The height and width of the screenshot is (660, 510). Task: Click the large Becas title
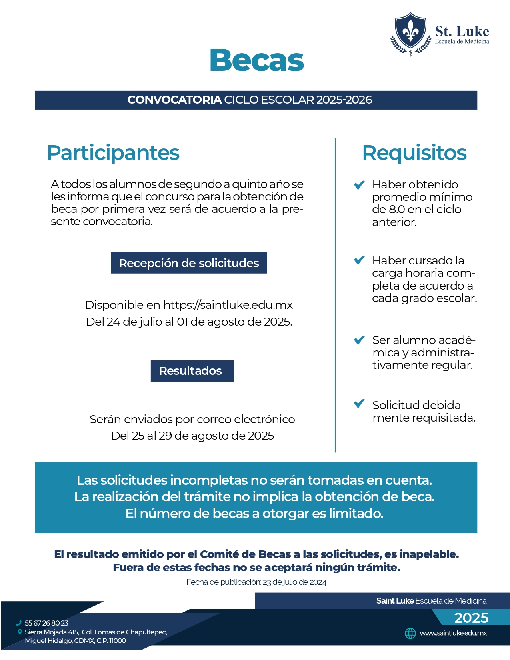click(x=257, y=60)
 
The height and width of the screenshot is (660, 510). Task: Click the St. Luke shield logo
click(x=410, y=33)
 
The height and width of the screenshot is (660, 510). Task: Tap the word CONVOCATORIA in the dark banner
click(x=174, y=100)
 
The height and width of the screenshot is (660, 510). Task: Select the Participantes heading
click(x=113, y=153)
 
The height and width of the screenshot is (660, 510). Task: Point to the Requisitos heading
click(x=414, y=153)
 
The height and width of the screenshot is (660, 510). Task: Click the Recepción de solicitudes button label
click(x=189, y=263)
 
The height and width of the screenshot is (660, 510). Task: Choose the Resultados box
click(x=192, y=371)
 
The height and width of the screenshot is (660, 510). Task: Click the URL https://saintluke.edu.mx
click(x=228, y=305)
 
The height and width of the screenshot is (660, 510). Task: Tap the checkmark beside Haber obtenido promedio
click(x=359, y=185)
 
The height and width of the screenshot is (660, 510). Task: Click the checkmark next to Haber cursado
click(x=359, y=260)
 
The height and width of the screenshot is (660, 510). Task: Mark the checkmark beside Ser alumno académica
click(x=359, y=340)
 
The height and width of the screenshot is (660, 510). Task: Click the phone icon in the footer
click(x=19, y=623)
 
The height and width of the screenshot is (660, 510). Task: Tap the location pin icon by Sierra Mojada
click(x=20, y=632)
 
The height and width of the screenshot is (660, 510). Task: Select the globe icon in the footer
click(x=410, y=633)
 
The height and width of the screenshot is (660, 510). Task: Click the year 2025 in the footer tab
click(x=471, y=618)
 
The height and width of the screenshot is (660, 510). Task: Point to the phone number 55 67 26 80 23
click(x=46, y=623)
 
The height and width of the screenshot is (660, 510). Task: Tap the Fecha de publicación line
click(x=256, y=582)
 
